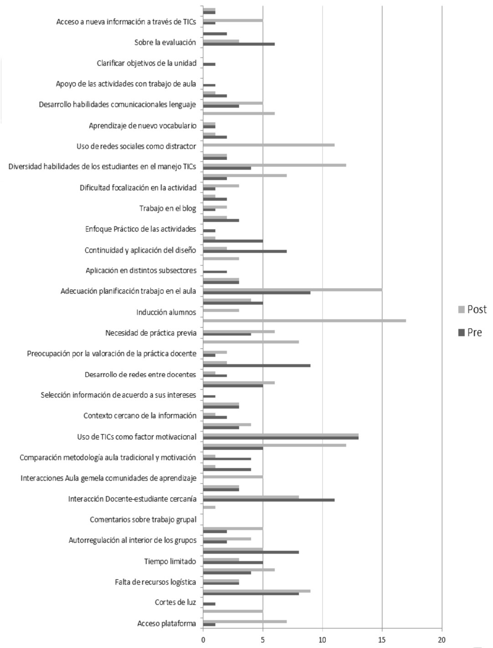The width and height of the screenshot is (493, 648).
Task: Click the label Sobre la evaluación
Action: [165, 42]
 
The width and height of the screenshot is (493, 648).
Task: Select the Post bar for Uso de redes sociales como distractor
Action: [269, 145]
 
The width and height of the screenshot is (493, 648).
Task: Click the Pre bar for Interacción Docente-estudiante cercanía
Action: [269, 500]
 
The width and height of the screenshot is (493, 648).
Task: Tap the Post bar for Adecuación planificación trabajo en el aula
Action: [293, 289]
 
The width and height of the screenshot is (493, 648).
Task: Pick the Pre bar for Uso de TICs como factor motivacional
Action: [281, 437]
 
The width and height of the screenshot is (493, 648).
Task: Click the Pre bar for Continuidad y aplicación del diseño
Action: [245, 251]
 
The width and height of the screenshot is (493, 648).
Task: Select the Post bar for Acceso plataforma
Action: [245, 621]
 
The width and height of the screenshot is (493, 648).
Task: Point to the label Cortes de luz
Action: [175, 602]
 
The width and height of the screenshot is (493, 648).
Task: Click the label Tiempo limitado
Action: [170, 561]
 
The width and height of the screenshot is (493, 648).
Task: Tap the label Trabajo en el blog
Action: [168, 208]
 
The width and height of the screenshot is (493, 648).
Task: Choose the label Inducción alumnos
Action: [166, 312]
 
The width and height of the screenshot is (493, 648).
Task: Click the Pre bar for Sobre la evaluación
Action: [239, 44]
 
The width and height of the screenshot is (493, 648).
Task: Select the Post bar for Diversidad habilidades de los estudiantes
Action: [274, 165]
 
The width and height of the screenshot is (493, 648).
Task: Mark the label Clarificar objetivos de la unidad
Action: [146, 63]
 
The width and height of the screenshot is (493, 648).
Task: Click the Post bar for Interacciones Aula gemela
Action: [233, 477]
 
